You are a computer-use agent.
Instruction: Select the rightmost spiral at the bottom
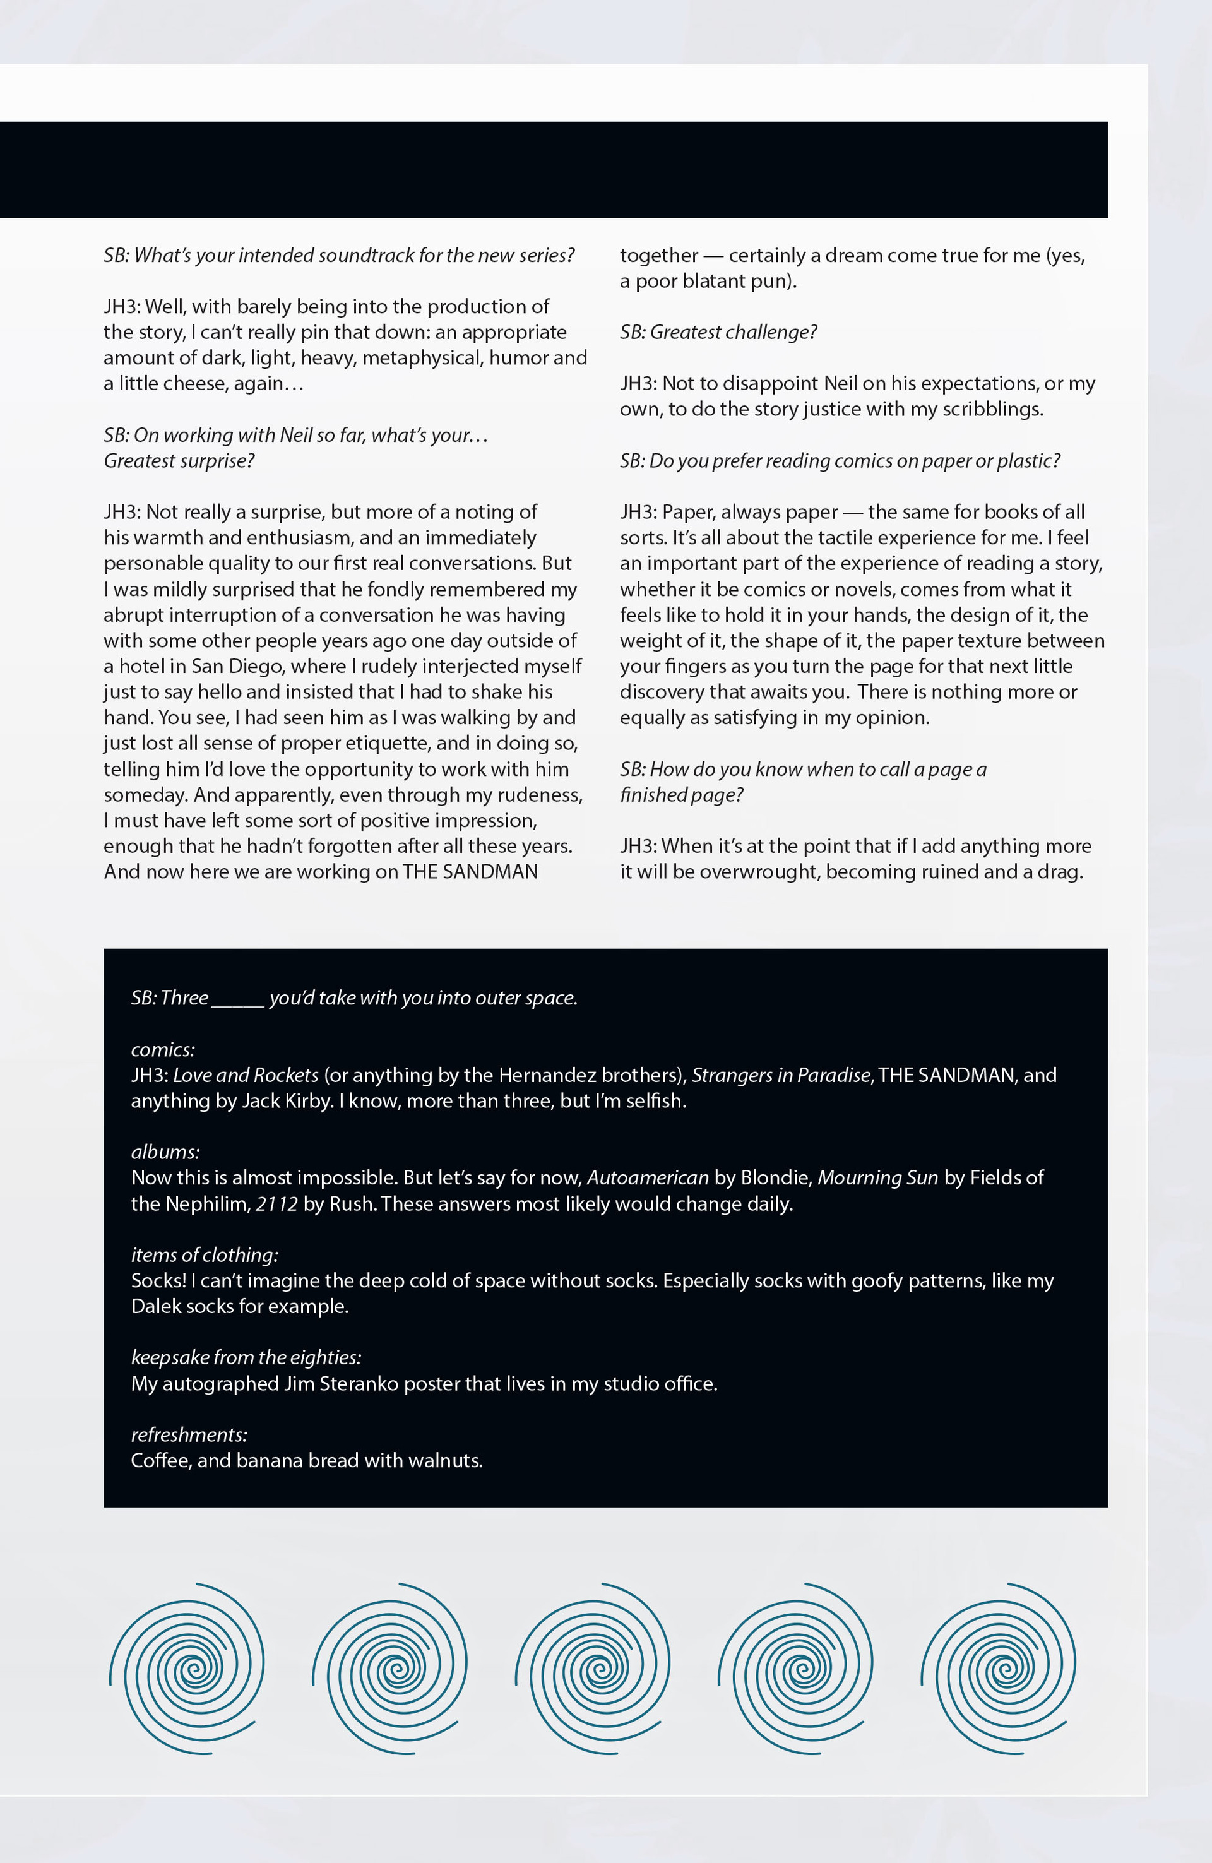pos(999,1667)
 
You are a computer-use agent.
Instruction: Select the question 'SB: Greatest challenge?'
pos(718,332)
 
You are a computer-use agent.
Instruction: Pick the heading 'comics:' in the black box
pos(163,1049)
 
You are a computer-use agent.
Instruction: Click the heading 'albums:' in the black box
pos(165,1152)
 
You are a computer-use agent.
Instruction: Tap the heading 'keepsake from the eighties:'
pos(246,1357)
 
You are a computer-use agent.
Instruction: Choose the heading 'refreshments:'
pos(189,1434)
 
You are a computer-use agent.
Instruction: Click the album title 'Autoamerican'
pos(648,1177)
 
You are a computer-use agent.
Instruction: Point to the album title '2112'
pos(276,1203)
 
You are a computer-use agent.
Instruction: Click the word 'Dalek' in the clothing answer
pos(156,1306)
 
